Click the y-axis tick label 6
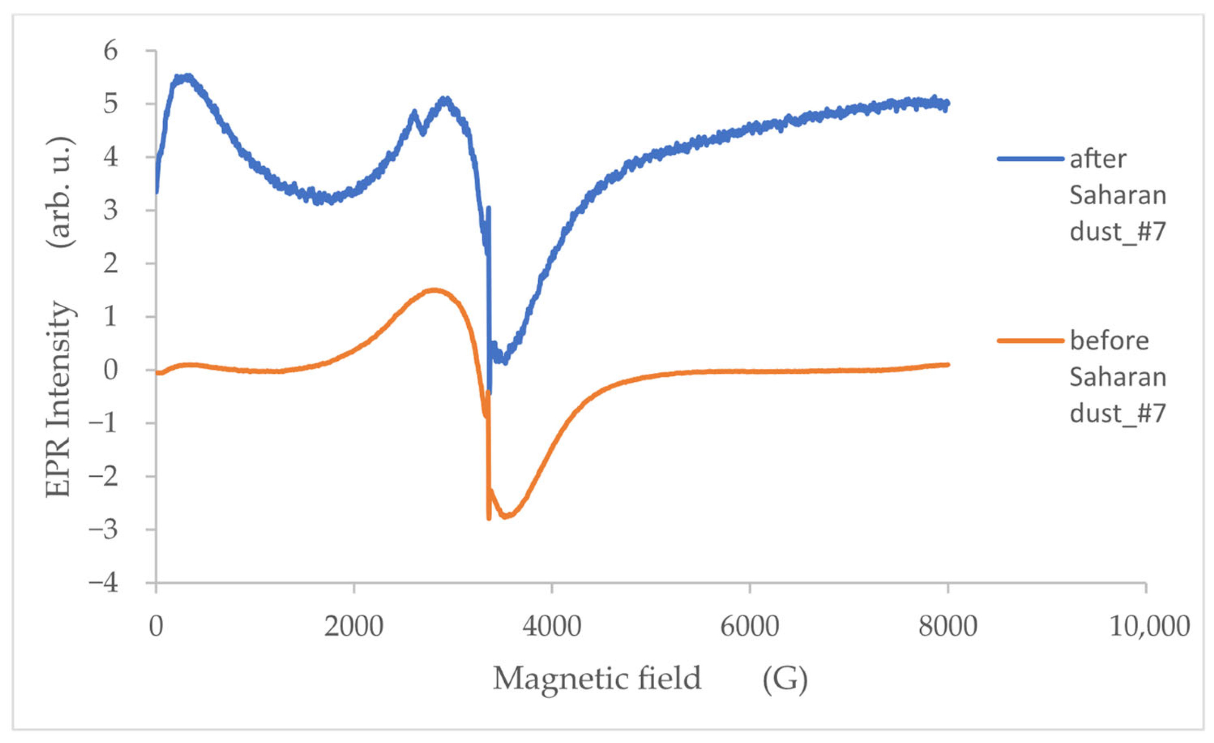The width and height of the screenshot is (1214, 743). click(111, 51)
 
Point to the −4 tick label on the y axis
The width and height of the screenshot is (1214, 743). click(103, 583)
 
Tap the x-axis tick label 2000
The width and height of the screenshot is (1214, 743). click(353, 627)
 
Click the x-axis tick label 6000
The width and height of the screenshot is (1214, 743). click(749, 627)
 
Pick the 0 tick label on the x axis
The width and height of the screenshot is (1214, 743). click(156, 627)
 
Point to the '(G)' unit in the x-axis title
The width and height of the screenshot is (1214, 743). click(785, 679)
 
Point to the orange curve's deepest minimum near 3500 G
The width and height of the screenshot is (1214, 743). click(506, 517)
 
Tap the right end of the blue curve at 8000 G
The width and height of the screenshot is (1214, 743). click(947, 104)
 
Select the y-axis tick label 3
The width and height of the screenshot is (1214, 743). click(111, 210)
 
